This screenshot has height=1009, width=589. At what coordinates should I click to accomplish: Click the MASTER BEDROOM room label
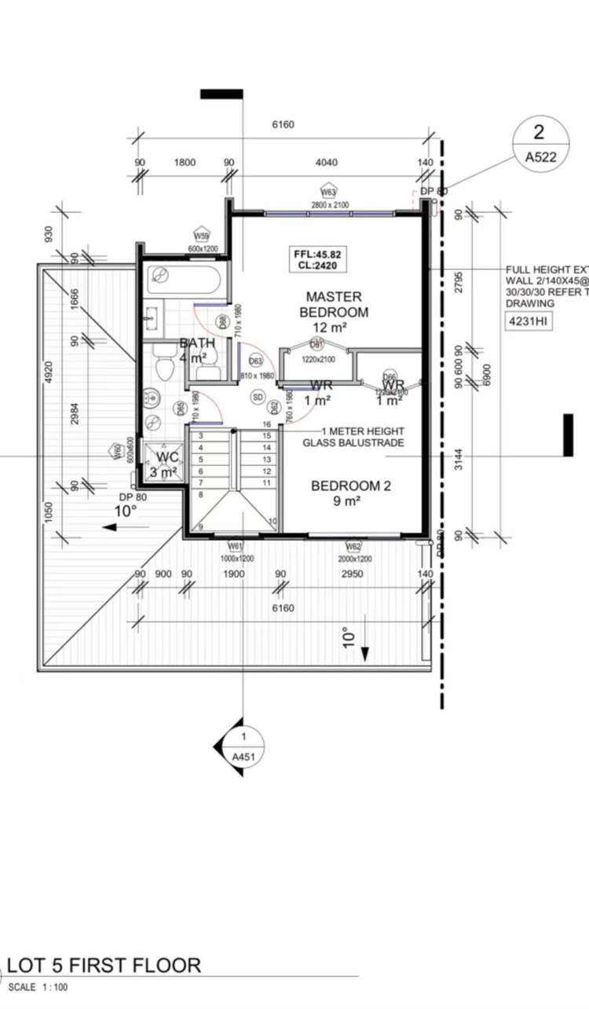334,304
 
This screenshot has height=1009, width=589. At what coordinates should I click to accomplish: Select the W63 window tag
328,192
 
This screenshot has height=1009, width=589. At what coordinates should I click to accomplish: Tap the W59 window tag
202,235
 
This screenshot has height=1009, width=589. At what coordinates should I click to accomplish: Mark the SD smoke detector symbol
257,398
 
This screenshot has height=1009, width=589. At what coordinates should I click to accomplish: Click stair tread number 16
267,424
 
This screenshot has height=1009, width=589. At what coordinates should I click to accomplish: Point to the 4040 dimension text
326,163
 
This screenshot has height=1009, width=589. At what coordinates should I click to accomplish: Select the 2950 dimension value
351,574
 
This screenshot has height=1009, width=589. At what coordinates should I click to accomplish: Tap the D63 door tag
255,361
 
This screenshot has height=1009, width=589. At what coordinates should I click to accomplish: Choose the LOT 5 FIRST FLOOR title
104,965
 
